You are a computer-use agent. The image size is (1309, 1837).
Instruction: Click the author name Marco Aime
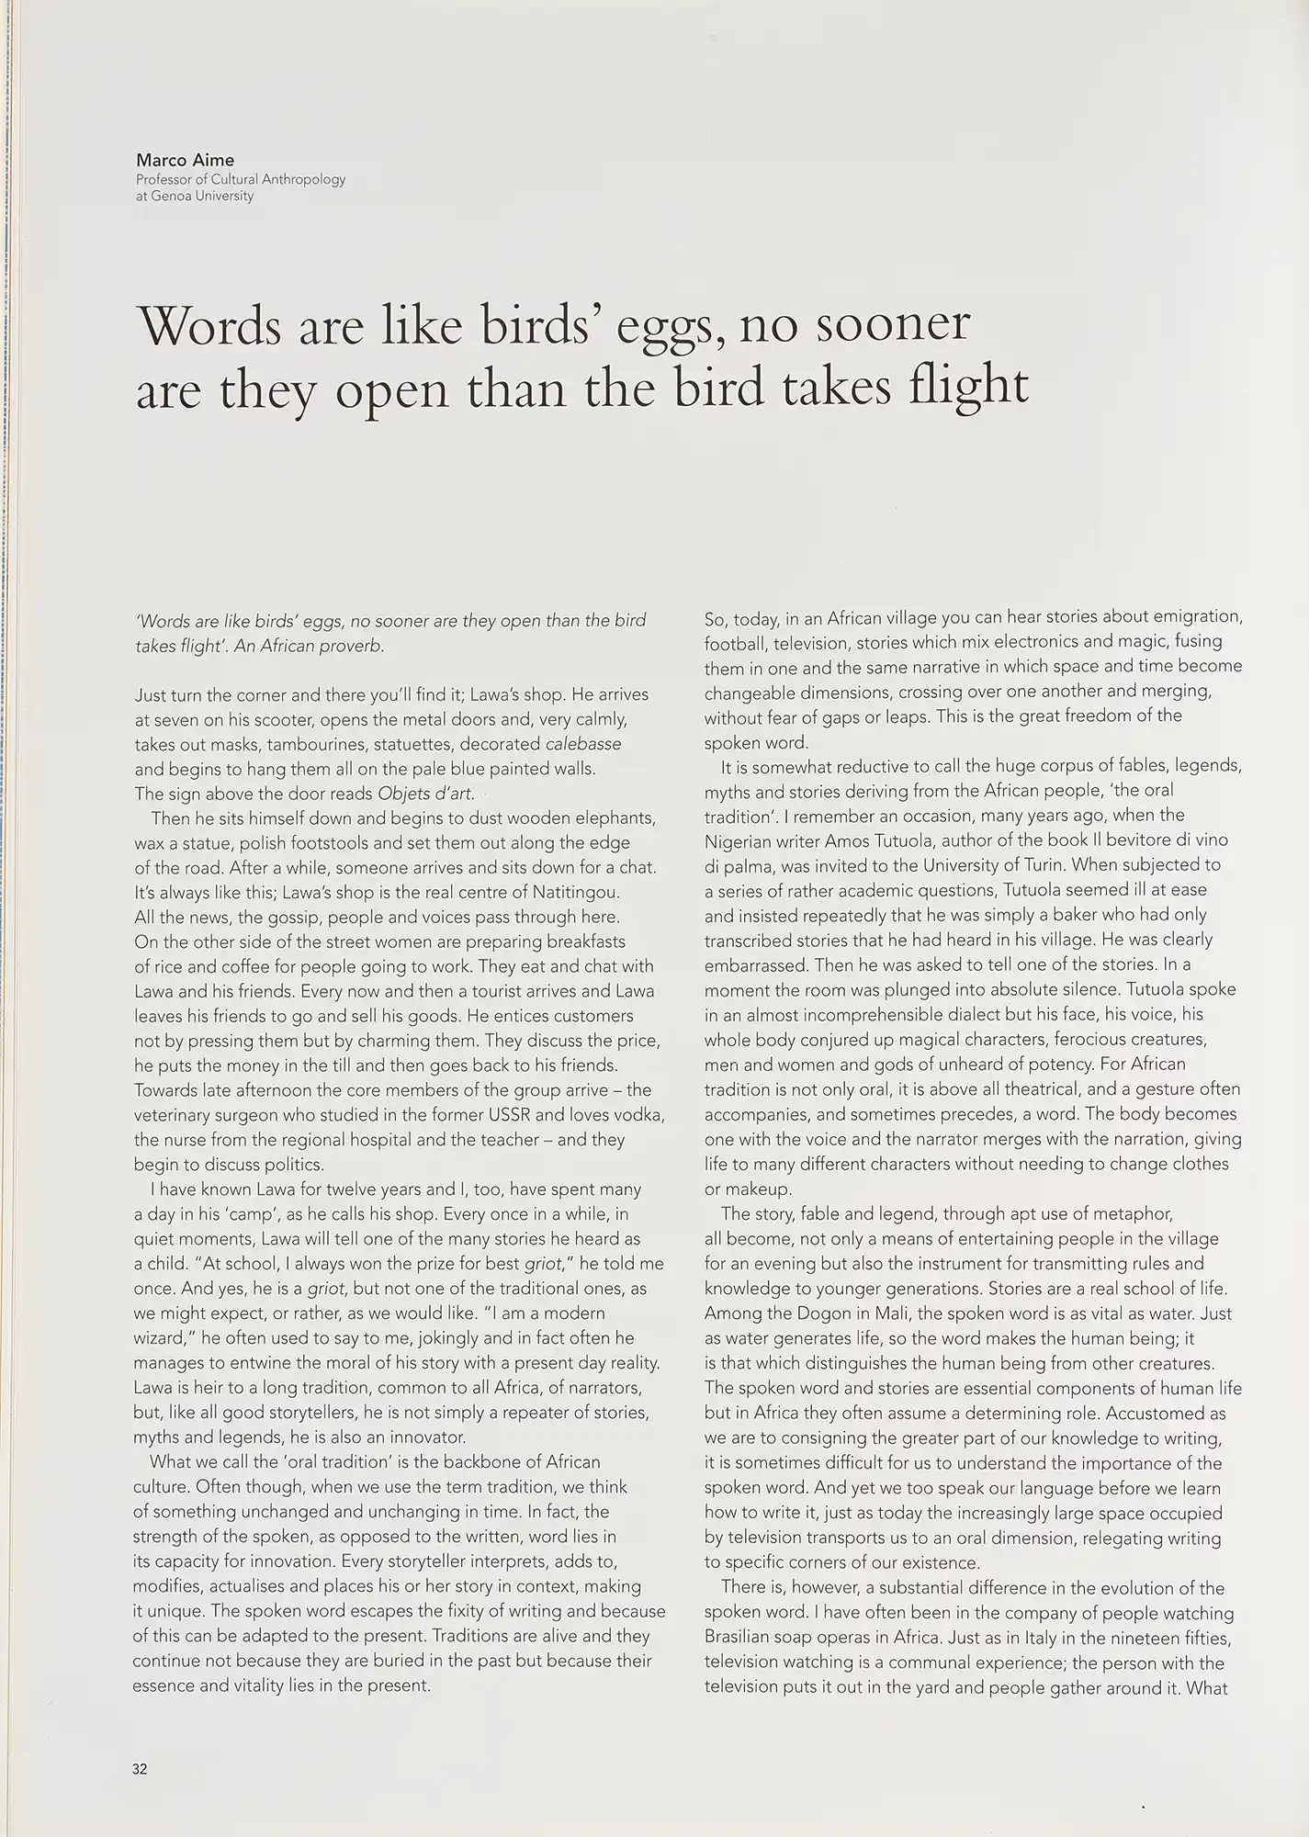point(185,160)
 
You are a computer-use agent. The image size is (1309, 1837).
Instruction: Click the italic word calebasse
point(583,744)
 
